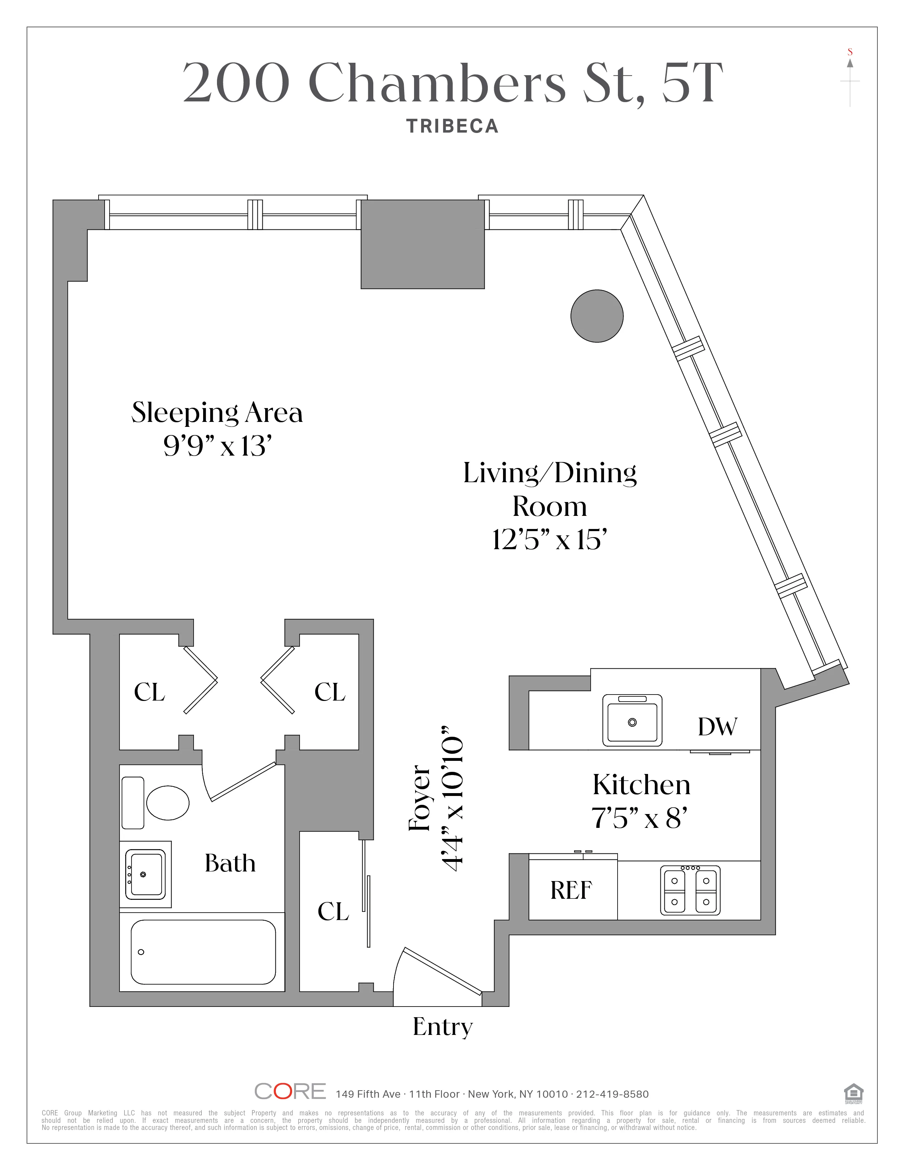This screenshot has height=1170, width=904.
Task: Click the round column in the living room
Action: coord(597,316)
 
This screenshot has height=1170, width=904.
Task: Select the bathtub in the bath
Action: coord(203,952)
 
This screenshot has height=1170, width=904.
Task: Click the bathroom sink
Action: coord(145,874)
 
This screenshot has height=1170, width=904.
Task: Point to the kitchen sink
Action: coord(632,720)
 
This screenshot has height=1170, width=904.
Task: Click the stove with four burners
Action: coord(690,890)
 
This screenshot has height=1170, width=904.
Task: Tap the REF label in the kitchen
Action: coord(571,890)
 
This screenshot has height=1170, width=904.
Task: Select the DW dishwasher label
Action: coord(717,727)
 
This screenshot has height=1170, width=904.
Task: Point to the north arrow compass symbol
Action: coord(850,80)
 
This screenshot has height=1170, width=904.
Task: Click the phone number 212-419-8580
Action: coord(612,1094)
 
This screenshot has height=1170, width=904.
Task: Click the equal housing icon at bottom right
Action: coord(854,1093)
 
